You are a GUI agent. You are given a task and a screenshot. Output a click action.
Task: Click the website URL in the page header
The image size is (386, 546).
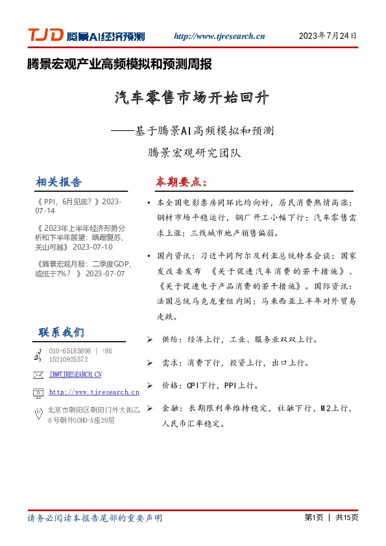pos(219,37)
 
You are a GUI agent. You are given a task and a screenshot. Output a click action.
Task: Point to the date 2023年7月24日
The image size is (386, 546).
pos(328,36)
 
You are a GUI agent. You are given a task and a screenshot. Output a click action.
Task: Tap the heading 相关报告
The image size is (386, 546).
pos(60,181)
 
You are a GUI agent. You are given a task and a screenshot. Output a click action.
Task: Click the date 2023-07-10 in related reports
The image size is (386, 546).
pos(93,247)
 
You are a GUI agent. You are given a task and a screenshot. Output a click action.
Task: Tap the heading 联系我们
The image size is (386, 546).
pos(61,333)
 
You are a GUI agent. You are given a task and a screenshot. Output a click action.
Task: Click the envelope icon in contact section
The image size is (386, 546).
pos(37,375)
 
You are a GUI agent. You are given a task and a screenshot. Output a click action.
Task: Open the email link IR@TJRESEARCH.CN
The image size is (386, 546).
pos(76,375)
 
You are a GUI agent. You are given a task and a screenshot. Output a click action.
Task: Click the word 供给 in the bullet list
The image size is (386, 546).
pos(171,339)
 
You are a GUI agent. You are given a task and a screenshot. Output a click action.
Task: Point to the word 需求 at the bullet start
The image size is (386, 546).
pos(171,362)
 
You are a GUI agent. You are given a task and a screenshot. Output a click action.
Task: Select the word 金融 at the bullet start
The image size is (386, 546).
pos(171,409)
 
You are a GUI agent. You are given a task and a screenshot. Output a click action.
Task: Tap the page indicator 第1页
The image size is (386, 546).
pos(313,517)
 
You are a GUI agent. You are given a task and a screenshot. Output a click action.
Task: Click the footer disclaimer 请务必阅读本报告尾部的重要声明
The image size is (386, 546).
pos(95,518)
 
